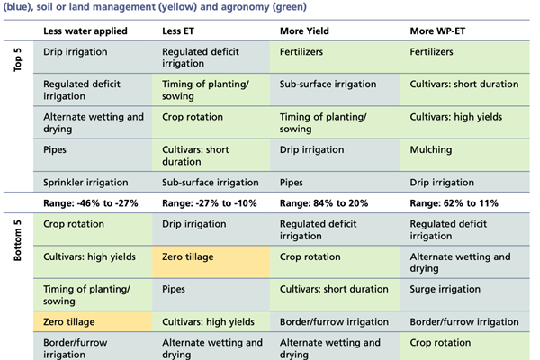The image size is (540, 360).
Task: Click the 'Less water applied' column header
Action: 85,31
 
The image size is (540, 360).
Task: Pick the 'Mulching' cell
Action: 431,149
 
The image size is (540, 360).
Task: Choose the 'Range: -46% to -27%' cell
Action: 94,203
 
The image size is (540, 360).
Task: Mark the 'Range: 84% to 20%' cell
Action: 328,203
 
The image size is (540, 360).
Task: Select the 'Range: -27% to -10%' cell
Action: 216,203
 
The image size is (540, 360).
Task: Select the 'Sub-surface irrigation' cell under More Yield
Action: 328,85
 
